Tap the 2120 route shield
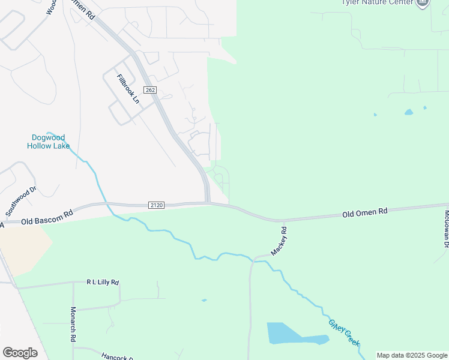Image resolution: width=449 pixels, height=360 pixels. [x=156, y=205]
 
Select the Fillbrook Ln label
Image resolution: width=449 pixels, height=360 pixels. [x=128, y=89]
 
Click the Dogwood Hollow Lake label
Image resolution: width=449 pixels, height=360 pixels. [x=49, y=142]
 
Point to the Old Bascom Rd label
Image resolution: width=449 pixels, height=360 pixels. [x=46, y=217]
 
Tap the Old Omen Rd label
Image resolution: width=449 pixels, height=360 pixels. [x=365, y=212]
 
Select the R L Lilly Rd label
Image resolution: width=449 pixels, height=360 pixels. [x=103, y=281]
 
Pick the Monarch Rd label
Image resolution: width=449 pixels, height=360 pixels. [x=73, y=325]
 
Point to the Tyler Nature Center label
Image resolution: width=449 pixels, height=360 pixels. [x=376, y=2]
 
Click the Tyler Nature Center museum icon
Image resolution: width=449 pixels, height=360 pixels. [x=423, y=3]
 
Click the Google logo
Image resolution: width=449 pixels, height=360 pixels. [x=20, y=353]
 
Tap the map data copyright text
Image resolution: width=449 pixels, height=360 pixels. [x=412, y=355]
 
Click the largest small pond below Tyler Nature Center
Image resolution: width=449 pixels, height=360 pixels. [x=409, y=112]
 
